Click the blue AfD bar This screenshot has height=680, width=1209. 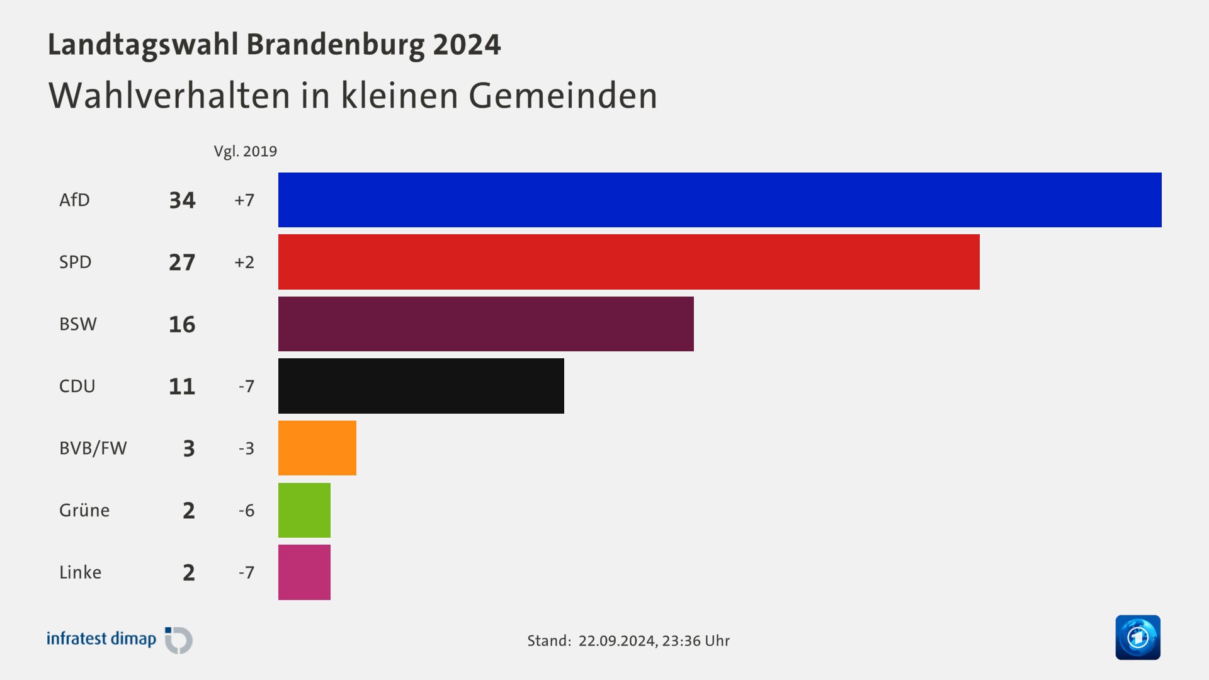720,200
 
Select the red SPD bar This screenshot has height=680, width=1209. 628,262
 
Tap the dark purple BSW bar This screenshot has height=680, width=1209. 485,324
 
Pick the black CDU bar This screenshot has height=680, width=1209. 421,386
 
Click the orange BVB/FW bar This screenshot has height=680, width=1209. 317,448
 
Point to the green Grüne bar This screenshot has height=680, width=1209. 304,510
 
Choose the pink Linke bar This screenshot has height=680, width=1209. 304,572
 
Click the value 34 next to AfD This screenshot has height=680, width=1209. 182,200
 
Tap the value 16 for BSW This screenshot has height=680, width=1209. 182,324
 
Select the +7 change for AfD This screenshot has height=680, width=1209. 244,200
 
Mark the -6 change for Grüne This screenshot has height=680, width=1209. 246,511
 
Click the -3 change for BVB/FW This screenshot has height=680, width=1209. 246,448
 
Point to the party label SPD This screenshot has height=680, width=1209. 76,262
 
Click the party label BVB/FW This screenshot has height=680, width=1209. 93,448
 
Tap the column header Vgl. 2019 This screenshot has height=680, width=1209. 245,152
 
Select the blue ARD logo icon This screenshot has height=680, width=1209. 1137,637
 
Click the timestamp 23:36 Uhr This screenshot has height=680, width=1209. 696,641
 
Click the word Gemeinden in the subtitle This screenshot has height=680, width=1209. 562,96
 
